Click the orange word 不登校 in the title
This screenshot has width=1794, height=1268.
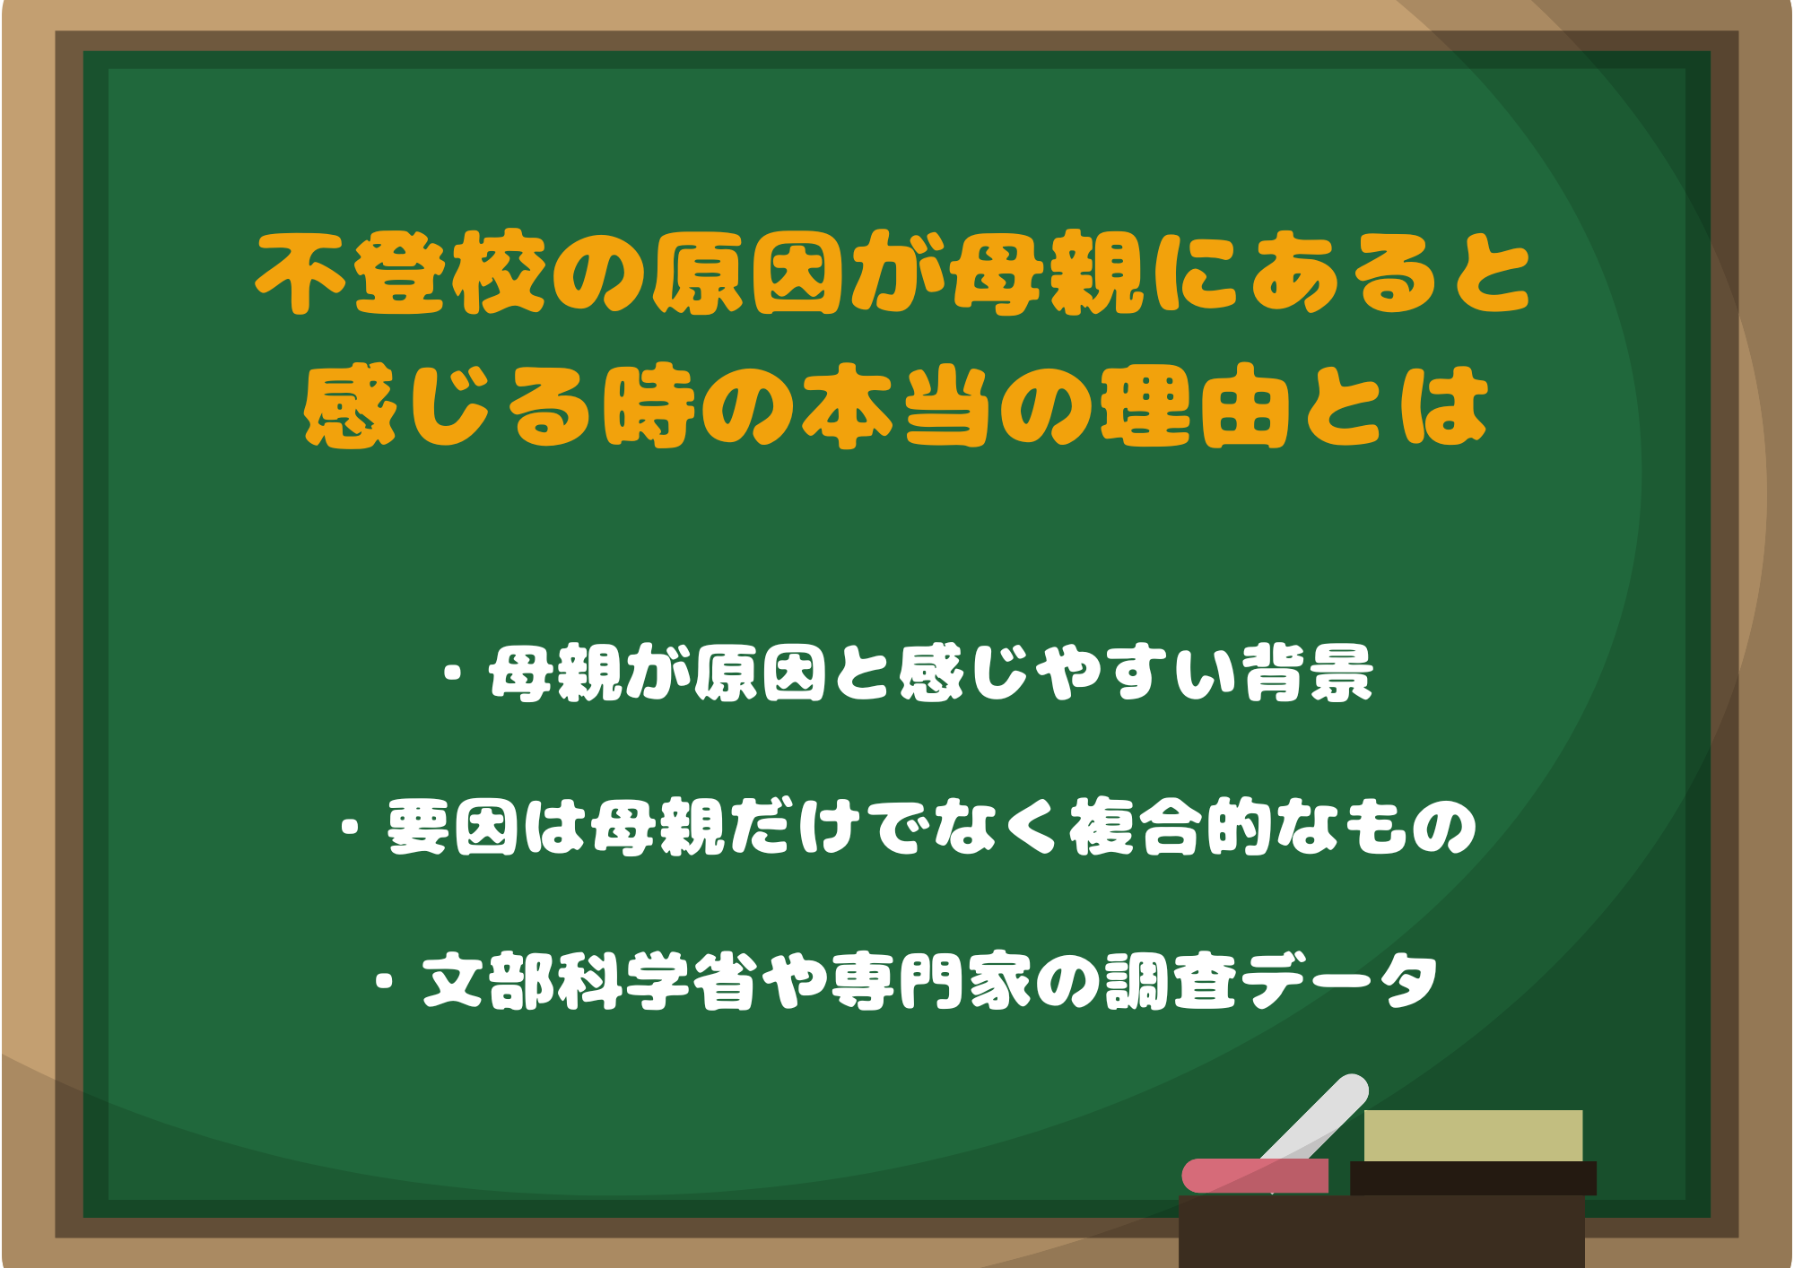(401, 274)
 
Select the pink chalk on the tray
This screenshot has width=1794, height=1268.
(1255, 1176)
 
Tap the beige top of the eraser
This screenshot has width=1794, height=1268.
(1473, 1135)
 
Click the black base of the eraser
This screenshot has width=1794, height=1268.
(1473, 1178)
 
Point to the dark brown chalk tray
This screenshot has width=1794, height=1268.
(1381, 1231)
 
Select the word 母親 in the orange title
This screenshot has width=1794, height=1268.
(1048, 274)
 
